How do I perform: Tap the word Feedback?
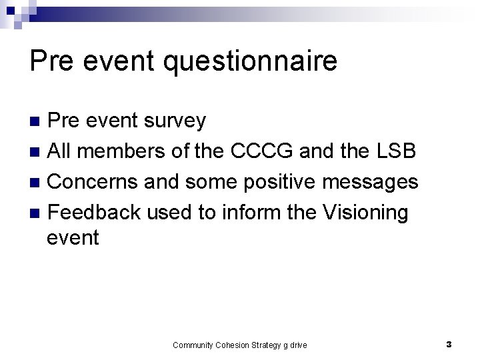(x=95, y=213)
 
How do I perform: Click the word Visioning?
(x=365, y=213)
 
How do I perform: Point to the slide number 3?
(x=449, y=345)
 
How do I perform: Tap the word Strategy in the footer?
(x=267, y=345)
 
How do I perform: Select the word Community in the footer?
(x=192, y=345)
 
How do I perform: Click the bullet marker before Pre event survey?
(x=38, y=121)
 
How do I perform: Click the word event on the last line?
(x=73, y=238)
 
